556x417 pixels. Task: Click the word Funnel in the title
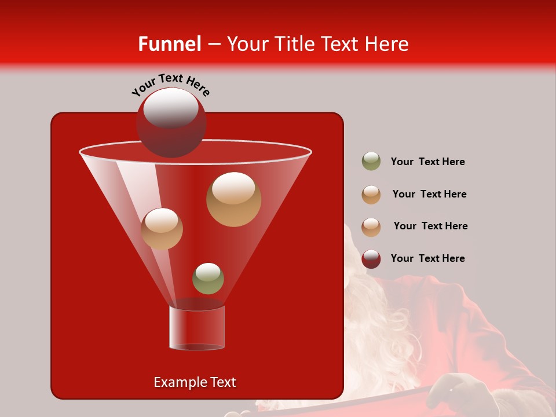click(169, 44)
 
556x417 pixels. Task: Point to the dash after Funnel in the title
click(213, 45)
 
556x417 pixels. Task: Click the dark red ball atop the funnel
click(171, 122)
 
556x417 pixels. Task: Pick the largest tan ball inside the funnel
click(233, 199)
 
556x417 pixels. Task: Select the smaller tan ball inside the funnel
click(162, 229)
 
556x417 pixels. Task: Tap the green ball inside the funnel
click(208, 279)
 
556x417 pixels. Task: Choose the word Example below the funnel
click(175, 382)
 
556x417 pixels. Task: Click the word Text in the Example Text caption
click(222, 382)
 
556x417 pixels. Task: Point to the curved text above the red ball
click(170, 85)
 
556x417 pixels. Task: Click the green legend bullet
click(371, 162)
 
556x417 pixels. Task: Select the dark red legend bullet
click(371, 259)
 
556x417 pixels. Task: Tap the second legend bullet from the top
click(371, 195)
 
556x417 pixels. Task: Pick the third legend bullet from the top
click(371, 226)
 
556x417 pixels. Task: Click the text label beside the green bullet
click(427, 162)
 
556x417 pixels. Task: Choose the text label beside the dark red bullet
click(427, 258)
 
